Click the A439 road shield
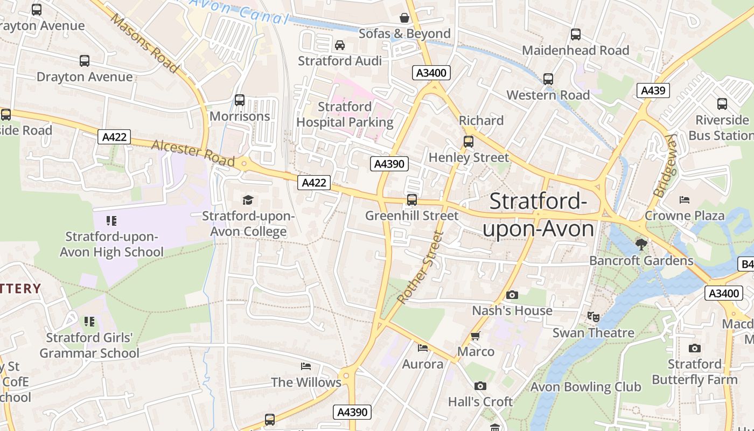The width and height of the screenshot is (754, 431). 653,91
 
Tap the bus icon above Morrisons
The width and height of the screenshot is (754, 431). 240,100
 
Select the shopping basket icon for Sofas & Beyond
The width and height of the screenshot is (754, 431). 404,18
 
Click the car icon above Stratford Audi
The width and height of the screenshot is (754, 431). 340,45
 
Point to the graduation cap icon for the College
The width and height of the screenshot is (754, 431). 248,200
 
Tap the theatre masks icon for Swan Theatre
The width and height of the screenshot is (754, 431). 593,317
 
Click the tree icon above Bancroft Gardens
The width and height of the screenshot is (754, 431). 641,245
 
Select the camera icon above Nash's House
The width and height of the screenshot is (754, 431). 512,295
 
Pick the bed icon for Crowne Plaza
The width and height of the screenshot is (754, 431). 685,200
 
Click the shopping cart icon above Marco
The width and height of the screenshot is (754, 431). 475,336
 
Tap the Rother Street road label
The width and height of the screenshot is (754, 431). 420,267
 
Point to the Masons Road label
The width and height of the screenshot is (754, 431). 144,43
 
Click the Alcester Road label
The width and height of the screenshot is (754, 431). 193,153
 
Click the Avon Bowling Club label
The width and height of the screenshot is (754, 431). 585,387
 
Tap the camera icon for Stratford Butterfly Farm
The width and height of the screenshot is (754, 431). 695,349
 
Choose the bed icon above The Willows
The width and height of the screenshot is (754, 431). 306,366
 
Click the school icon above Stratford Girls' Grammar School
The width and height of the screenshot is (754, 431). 89,322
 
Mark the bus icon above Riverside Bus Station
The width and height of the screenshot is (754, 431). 722,104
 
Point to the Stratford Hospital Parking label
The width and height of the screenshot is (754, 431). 345,114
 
